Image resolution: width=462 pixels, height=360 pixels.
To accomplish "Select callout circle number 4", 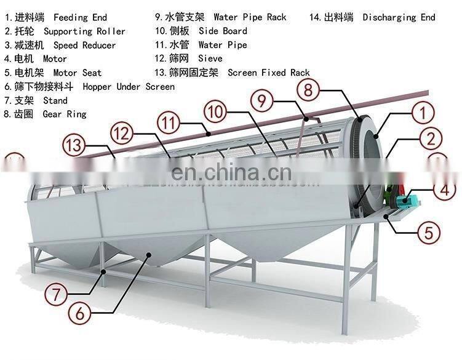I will click(444, 190).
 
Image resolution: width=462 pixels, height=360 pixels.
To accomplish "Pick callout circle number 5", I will click(429, 233).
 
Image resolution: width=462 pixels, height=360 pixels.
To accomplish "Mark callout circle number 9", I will click(263, 99).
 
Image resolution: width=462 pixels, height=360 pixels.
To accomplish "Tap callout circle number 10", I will click(215, 112).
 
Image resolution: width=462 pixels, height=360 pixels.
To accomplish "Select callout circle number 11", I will click(170, 121).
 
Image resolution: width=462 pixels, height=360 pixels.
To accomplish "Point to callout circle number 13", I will click(75, 146).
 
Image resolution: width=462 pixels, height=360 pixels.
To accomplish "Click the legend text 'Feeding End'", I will click(80, 17).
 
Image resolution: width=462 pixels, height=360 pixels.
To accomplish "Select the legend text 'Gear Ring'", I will click(65, 114).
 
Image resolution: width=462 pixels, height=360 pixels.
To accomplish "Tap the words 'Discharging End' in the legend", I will click(399, 17).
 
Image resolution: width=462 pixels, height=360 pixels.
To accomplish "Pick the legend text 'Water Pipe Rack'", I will click(250, 17).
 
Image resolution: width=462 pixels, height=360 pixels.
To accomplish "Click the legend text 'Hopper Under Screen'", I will click(129, 87).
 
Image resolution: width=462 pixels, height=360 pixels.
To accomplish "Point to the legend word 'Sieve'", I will click(210, 58).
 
